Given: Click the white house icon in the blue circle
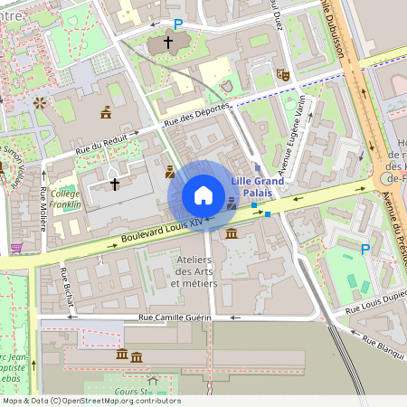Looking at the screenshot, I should [203, 195].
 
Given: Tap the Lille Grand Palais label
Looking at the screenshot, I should [257, 186].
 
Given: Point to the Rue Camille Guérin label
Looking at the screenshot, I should [175, 317].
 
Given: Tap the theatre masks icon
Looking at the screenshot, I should [282, 77].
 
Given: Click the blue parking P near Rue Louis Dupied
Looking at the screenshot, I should [365, 249].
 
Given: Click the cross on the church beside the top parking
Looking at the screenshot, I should [167, 42].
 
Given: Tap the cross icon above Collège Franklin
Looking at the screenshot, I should [115, 184].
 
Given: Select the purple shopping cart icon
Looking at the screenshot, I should [15, 247].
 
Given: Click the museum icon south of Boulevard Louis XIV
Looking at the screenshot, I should [232, 234].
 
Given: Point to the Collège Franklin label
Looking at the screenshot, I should [65, 199].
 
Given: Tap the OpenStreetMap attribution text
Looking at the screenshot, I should [91, 401].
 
